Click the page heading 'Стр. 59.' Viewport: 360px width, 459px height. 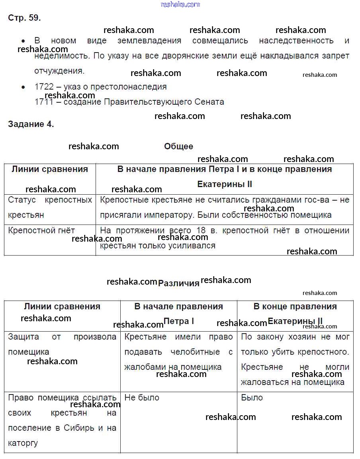pos(24,18)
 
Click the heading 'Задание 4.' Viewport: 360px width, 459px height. pos(31,124)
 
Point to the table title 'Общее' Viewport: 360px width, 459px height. pos(178,146)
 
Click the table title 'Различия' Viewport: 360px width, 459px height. pos(178,283)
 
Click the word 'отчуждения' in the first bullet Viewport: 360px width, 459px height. pos(59,71)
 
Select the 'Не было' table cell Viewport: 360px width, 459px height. pos(142,397)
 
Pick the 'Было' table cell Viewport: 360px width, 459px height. pos(252,397)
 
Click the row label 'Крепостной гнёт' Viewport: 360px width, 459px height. pos(41,230)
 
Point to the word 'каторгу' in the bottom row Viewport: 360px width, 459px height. pos(23,443)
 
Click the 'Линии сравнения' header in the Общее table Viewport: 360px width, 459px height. pos(50,169)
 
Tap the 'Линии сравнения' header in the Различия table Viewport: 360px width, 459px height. pos(62,306)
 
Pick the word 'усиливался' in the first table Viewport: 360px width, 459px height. pos(193,246)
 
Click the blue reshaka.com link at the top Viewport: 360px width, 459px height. pos(180,4)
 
